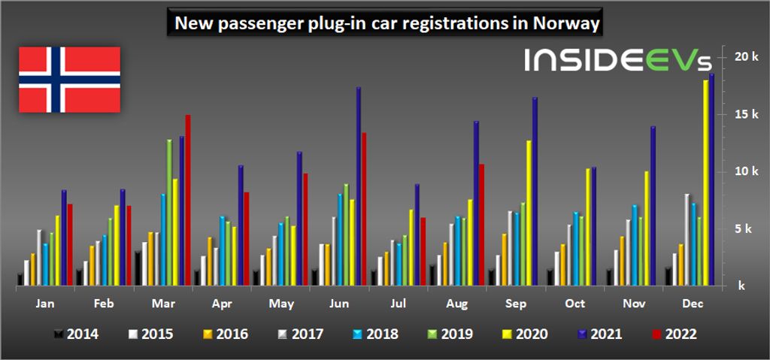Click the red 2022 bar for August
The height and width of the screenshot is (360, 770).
[481, 225]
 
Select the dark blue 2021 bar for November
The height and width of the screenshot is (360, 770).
[653, 206]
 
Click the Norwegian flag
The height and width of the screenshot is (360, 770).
[69, 80]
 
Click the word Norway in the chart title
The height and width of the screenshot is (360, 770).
[564, 24]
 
